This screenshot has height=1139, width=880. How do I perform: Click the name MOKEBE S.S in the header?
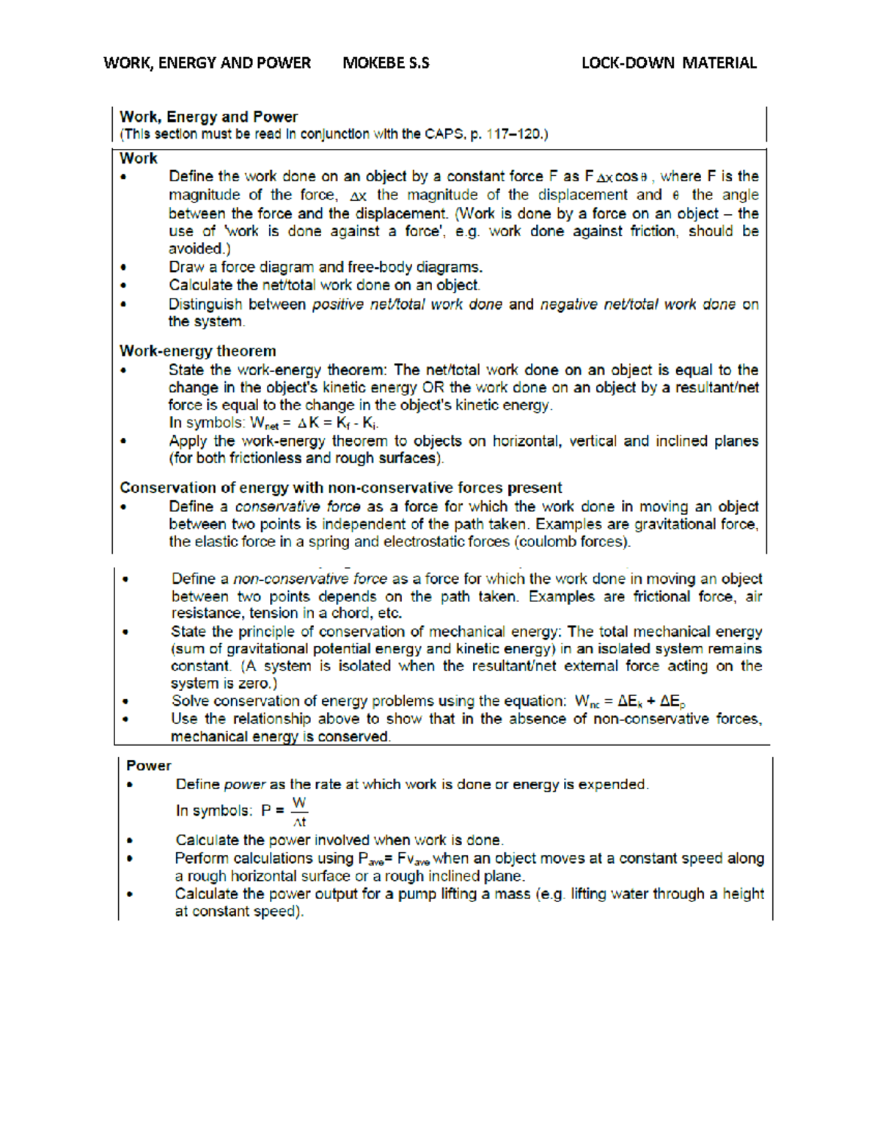[386, 63]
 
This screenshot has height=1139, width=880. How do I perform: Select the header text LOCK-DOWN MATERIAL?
[668, 63]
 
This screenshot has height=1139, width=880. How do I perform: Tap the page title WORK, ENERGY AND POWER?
[207, 63]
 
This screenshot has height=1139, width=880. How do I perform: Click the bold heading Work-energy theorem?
[198, 351]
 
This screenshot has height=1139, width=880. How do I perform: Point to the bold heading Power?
[148, 765]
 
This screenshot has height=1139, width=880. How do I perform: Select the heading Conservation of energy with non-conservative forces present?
[340, 488]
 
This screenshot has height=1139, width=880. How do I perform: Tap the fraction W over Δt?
[299, 811]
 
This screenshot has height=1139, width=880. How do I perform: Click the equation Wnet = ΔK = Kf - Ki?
[314, 423]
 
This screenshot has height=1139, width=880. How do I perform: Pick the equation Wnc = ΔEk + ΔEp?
[630, 701]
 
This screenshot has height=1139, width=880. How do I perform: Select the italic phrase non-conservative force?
[309, 579]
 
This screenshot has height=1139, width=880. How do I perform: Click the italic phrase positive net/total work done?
[407, 304]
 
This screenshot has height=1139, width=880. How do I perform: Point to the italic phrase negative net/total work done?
[637, 304]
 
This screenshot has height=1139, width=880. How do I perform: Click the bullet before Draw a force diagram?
[124, 268]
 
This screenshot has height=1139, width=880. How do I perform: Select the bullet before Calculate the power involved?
[130, 840]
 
